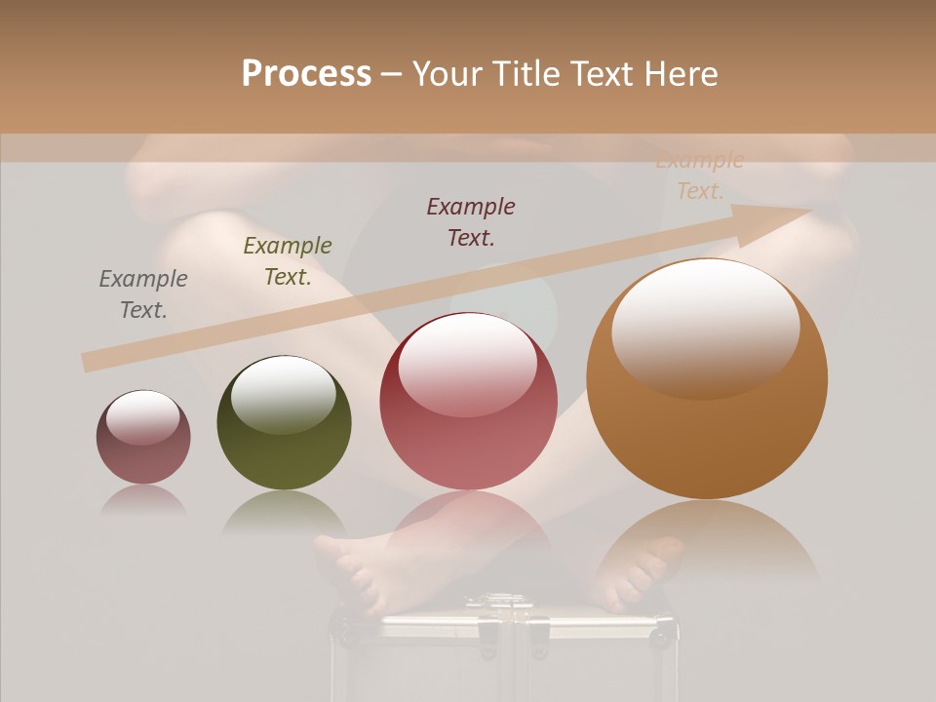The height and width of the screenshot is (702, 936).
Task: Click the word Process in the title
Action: [x=306, y=74]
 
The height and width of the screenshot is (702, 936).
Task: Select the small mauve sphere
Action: [x=143, y=438]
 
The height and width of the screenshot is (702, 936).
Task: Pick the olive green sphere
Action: [x=284, y=422]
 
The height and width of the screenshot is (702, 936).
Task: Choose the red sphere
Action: [x=468, y=401]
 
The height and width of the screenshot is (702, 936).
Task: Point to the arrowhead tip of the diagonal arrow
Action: [x=810, y=212]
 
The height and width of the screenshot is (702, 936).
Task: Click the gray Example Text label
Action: [x=143, y=294]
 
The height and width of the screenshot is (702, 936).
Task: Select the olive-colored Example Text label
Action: [x=287, y=261]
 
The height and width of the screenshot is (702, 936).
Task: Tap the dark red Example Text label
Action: [x=471, y=222]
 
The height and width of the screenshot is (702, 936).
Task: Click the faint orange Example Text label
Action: [x=699, y=176]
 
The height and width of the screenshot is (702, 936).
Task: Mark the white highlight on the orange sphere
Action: [x=705, y=327]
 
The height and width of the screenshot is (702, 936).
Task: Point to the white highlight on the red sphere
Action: [x=467, y=364]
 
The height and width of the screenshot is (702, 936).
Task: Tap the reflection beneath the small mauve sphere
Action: [x=143, y=500]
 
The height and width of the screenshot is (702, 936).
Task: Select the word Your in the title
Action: [x=448, y=74]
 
